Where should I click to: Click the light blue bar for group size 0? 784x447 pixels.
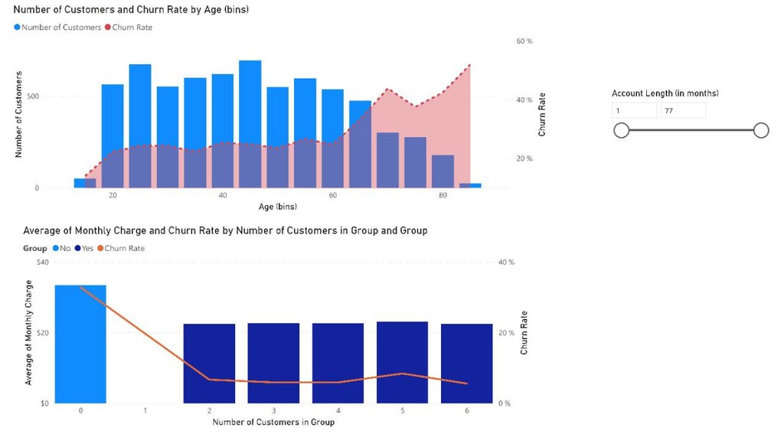(80, 344)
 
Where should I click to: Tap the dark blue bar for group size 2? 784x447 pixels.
(209, 364)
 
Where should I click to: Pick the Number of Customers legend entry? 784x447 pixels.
(57, 28)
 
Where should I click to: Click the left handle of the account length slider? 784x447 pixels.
(622, 131)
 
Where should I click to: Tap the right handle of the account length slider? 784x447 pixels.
(761, 131)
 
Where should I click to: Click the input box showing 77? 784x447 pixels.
(683, 111)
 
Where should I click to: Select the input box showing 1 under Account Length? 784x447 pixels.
(634, 111)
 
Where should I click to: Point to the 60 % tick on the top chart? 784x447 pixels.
(524, 41)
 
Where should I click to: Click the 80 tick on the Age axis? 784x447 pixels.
(443, 196)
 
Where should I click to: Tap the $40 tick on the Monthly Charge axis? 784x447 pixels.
(42, 263)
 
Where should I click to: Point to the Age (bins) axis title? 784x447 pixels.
(277, 207)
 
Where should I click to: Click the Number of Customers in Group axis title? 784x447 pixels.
(273, 423)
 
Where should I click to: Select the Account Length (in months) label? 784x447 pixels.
(665, 93)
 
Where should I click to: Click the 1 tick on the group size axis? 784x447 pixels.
(145, 411)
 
